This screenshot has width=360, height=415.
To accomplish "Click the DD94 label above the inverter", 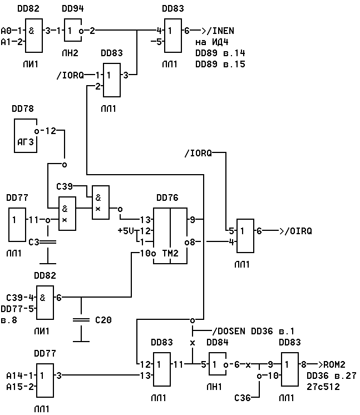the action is click(73, 8).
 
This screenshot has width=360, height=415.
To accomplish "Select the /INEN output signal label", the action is click(220, 31).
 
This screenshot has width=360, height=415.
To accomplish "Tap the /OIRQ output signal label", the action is click(298, 231).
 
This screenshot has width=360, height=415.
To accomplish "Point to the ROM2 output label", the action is click(334, 364).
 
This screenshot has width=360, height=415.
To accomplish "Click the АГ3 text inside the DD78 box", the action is click(26, 142).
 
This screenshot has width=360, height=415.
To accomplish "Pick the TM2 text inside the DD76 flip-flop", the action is click(170, 253).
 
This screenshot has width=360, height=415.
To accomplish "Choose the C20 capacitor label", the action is click(103, 320).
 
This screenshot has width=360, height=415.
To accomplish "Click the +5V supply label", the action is click(126, 231).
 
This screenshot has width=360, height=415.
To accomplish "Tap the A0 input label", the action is click(6, 31).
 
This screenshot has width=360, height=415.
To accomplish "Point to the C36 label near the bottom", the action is click(243, 398).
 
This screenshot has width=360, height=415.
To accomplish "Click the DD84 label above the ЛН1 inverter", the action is click(218, 342).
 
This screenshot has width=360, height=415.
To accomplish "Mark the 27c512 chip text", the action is click(323, 387).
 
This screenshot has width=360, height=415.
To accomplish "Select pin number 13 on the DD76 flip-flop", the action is click(145, 220).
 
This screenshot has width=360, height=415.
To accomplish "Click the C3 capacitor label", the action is click(34, 242).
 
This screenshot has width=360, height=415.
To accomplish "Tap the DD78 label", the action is click(23, 108).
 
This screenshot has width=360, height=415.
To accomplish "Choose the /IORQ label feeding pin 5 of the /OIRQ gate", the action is click(198, 153).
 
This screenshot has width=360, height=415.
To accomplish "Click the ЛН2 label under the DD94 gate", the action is click(70, 53).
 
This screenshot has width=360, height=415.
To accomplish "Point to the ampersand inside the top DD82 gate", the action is click(31, 31).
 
